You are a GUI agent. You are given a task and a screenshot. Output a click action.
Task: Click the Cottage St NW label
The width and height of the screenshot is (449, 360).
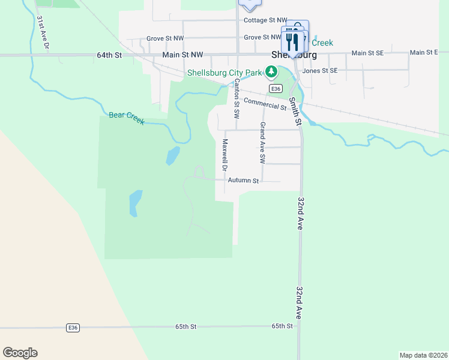coord(265,20)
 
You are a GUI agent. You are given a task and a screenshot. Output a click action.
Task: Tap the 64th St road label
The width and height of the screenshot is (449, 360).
coord(109,55)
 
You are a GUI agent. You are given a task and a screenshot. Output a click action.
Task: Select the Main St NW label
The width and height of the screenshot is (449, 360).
coord(182,55)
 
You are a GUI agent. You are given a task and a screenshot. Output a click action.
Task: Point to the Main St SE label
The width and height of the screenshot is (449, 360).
coord(367,53)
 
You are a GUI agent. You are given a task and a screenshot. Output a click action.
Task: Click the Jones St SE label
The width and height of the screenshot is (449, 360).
coord(320,70)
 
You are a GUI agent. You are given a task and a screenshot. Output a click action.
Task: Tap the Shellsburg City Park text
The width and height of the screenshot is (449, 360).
coord(224,73)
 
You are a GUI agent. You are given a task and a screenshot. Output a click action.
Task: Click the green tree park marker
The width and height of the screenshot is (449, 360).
coord(272,73)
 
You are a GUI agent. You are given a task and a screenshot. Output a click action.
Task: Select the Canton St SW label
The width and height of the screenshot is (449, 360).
coord(237,97)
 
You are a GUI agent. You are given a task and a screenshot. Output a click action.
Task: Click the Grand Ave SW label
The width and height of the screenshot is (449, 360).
coord(262,143)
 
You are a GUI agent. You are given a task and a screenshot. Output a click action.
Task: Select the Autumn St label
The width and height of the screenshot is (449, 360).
coord(243,180)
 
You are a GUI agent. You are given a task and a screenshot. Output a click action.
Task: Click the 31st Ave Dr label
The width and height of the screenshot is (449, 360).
coord(42,32)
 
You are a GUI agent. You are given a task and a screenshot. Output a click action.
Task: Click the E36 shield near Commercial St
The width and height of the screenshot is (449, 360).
coord(276,88)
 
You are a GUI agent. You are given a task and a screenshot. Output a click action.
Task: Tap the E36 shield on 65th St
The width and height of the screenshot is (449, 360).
coord(73,327)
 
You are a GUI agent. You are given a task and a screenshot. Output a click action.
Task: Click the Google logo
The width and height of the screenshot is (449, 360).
coord(20,353)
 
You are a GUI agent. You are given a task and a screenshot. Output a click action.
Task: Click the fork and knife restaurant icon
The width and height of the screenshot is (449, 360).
coord(292,40)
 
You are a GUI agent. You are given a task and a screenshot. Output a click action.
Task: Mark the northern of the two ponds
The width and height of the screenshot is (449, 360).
coord(172,155)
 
